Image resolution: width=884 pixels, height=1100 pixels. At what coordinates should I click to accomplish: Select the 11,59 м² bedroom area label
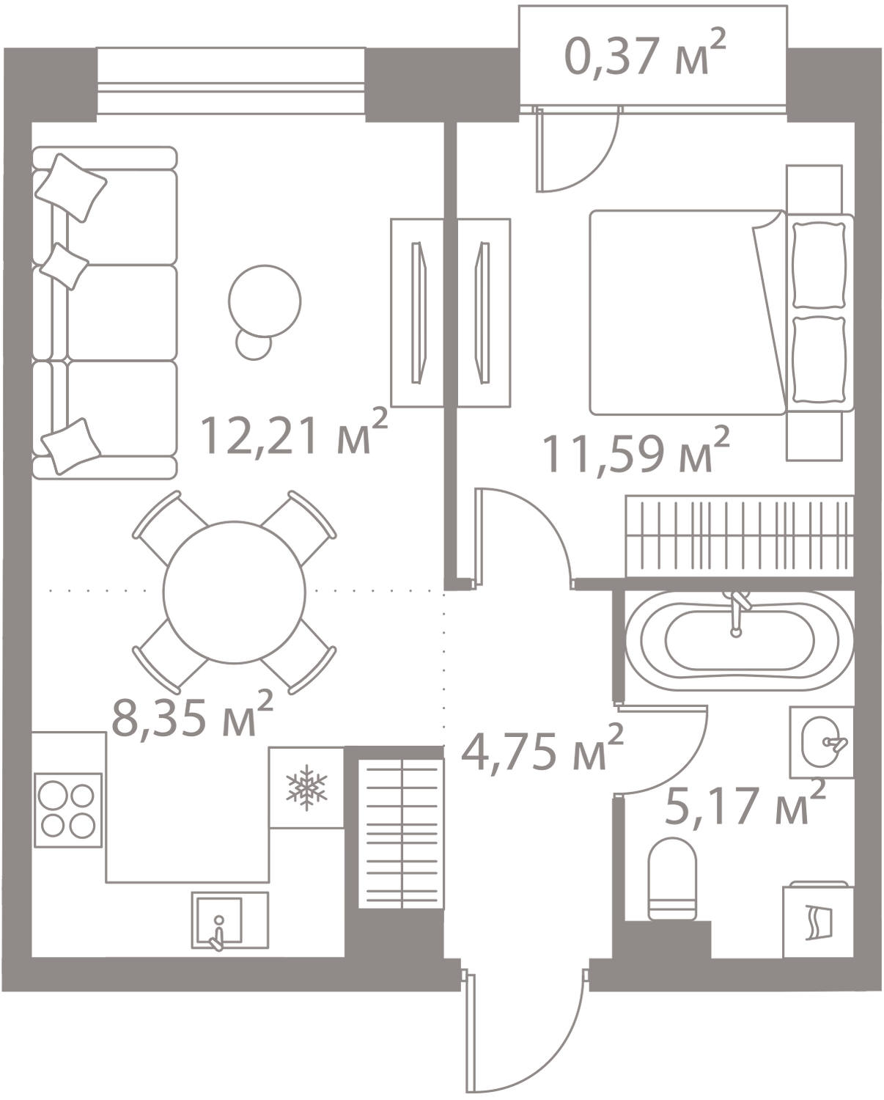[636, 452]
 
